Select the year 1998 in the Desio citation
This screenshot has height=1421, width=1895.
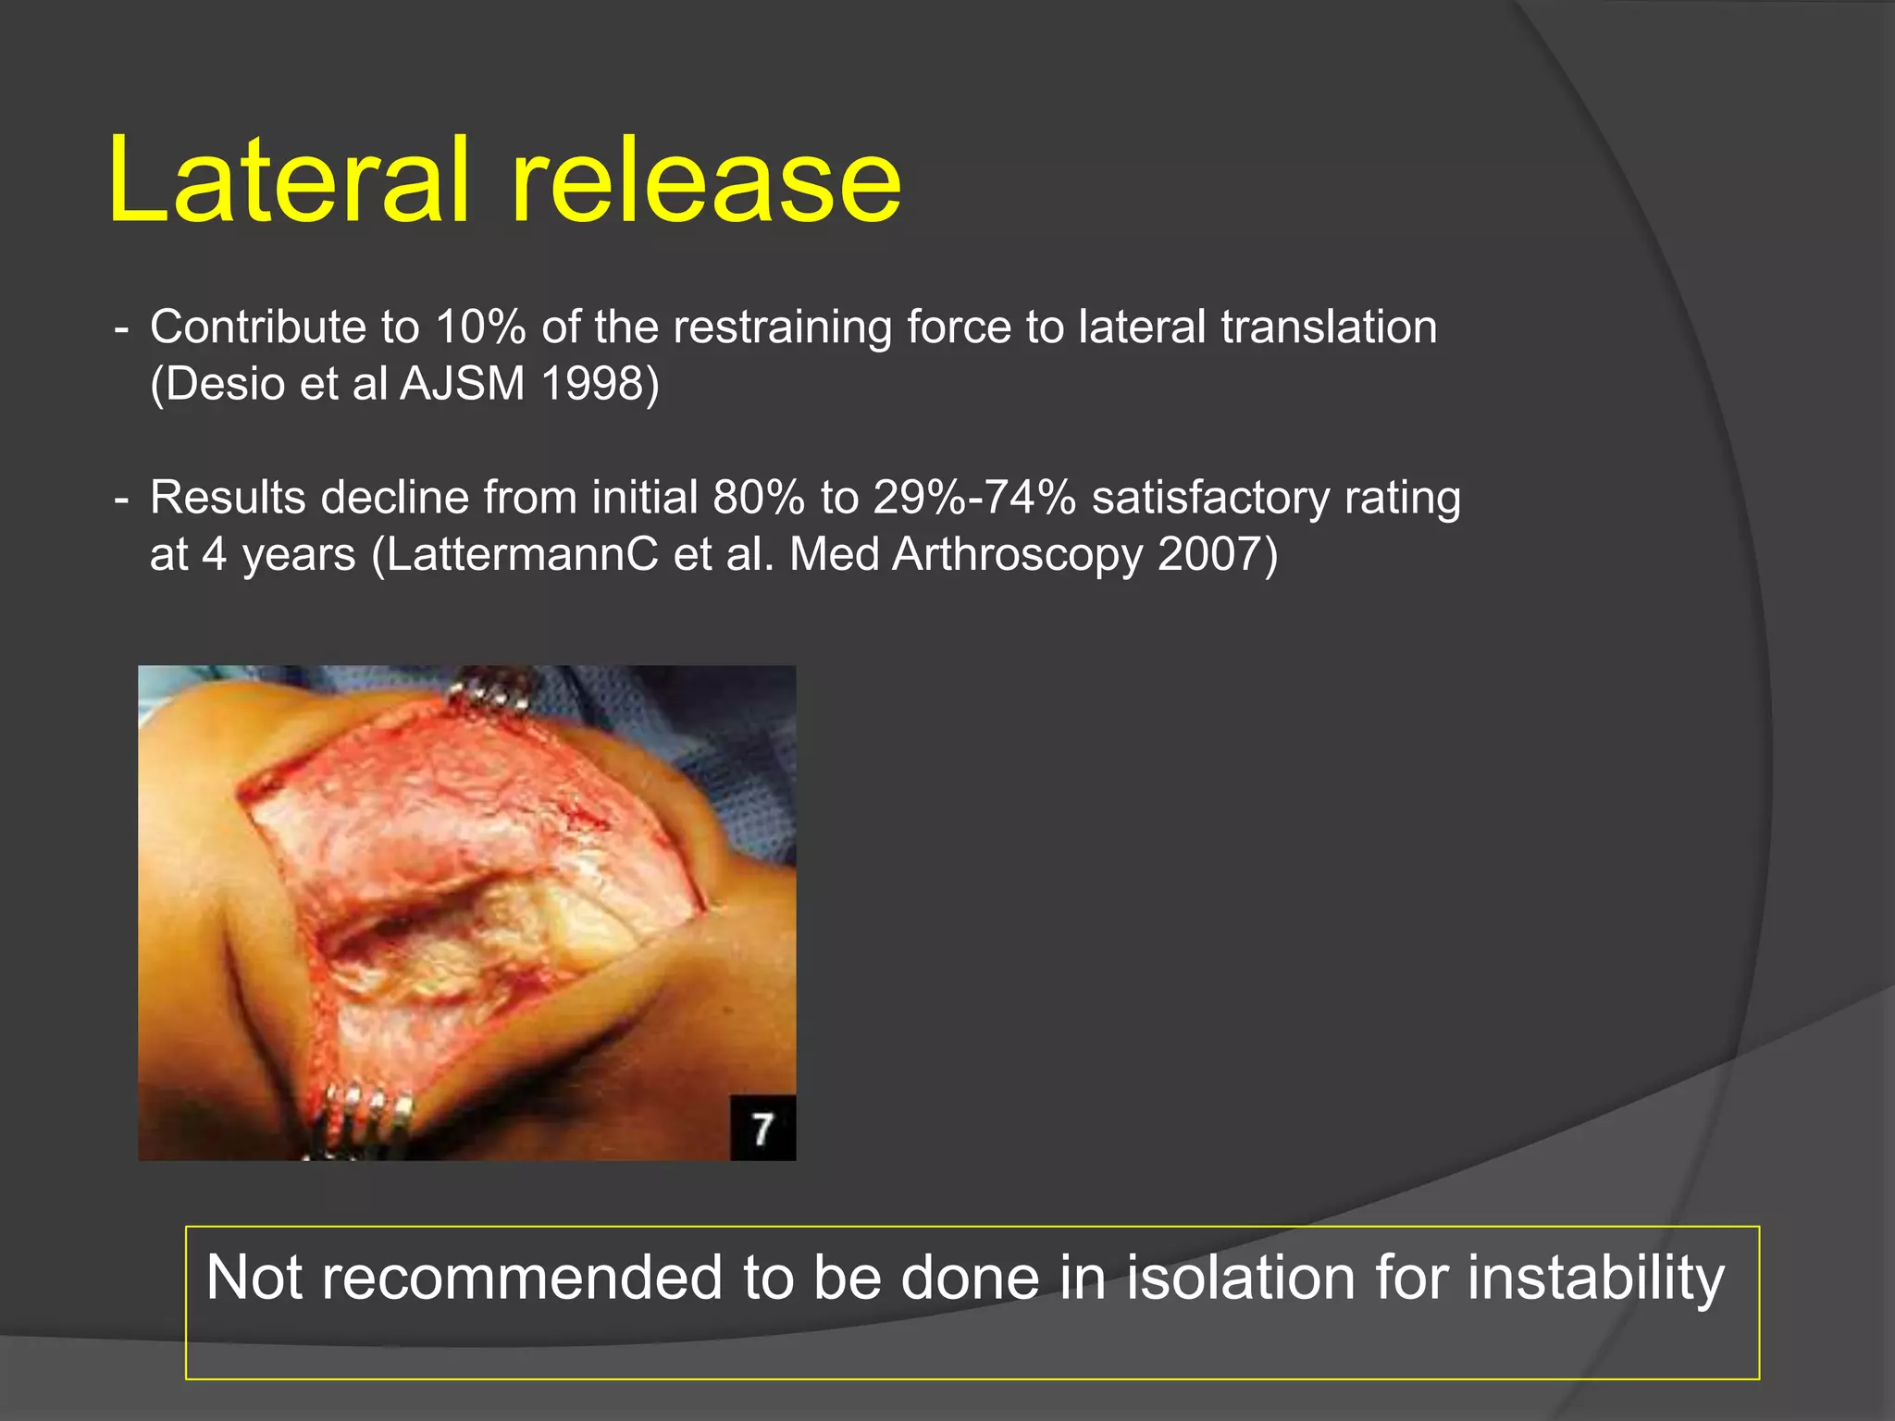[x=600, y=384]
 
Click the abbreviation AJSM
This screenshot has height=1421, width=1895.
[x=463, y=384]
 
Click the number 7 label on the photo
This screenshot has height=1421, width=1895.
[x=762, y=1129]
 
